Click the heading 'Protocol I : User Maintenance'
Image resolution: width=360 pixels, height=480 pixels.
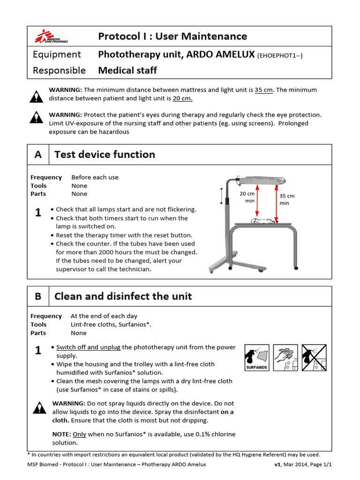click(x=172, y=36)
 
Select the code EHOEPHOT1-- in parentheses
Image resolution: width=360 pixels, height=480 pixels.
click(x=280, y=55)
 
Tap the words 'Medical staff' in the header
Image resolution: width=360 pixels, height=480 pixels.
click(x=127, y=71)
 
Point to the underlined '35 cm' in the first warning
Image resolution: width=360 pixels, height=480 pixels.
click(x=264, y=90)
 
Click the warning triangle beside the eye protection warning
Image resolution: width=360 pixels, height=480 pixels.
click(x=36, y=117)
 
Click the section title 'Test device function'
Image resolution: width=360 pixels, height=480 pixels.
click(x=105, y=155)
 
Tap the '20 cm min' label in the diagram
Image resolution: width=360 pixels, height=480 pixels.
click(x=247, y=197)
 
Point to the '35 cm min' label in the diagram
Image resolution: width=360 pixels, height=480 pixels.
click(x=287, y=199)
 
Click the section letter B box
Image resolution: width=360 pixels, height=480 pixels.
click(x=38, y=296)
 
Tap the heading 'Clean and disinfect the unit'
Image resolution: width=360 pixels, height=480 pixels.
click(x=123, y=296)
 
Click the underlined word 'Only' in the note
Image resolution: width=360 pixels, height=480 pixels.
click(x=79, y=434)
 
